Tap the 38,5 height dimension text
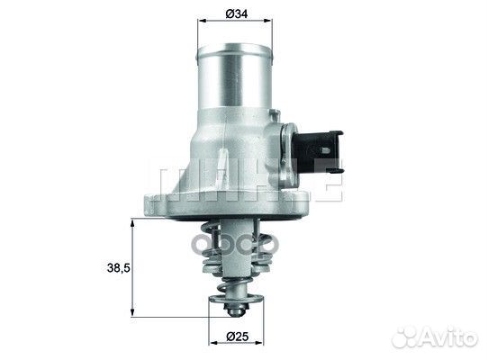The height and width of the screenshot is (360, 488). click(115, 267)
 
